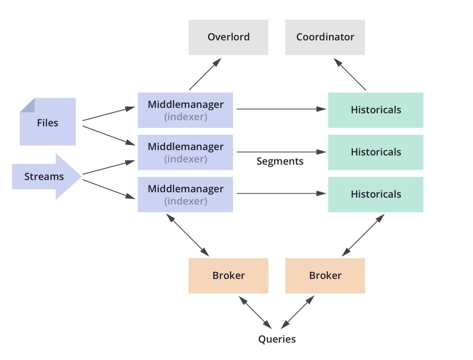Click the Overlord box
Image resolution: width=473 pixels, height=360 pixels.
228,37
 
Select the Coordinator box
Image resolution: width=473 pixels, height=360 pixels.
325,37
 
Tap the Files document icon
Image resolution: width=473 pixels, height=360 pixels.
47,122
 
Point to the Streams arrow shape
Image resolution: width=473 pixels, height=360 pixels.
44,176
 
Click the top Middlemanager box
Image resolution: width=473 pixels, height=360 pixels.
185,110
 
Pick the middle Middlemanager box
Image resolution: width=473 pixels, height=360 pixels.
185,152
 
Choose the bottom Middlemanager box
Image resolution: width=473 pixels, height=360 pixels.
185,194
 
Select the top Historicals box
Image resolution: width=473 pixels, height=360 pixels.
375,110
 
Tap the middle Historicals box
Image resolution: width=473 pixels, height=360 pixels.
375,152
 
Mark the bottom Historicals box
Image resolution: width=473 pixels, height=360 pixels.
375,194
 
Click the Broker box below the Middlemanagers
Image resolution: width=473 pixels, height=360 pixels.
228,275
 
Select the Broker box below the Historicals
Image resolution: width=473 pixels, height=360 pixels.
325,275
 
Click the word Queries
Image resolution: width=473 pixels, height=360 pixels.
277,339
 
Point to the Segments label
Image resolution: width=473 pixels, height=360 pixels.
280,161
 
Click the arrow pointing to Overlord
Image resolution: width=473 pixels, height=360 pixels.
204,74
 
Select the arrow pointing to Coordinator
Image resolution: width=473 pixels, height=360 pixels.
350,74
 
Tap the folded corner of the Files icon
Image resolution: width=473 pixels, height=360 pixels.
27,105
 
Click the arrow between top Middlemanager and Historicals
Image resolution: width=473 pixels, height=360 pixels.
280,109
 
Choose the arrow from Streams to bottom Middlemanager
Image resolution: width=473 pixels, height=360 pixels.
108,189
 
